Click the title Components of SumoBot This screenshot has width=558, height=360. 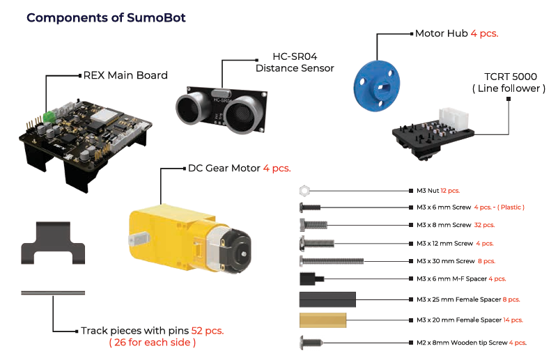click(x=106, y=17)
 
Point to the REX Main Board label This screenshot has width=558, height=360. click(x=125, y=75)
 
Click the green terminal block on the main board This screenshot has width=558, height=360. click(x=49, y=115)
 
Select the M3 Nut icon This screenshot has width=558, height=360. click(x=304, y=190)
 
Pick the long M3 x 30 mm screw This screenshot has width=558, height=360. click(x=331, y=261)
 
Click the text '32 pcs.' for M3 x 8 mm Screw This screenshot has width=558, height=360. click(x=483, y=225)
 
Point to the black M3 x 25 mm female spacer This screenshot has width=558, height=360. click(x=327, y=299)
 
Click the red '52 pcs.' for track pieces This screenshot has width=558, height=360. click(x=207, y=331)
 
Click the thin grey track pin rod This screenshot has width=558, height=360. click(x=54, y=294)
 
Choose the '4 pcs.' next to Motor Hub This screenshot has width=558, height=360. click(x=484, y=33)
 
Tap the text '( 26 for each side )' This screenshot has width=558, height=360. click(x=152, y=343)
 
